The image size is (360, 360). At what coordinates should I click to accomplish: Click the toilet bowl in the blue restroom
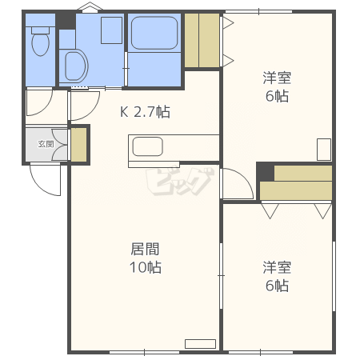coord(41,45)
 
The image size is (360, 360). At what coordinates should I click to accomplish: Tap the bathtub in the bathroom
coord(154,33)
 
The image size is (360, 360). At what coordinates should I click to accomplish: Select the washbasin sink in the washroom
coord(77,66)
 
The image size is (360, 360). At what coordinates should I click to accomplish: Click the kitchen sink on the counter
coord(147,146)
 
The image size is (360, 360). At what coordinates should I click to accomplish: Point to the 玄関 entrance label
coord(46,144)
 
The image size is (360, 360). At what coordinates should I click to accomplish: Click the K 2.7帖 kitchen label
coord(145,112)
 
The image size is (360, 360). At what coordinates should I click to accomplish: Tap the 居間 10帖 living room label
coord(146,258)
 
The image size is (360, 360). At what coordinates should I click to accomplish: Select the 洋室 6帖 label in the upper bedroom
coord(277,86)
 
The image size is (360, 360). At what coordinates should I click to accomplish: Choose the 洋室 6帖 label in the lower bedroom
coord(277,277)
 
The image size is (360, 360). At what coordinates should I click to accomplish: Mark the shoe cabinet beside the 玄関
coord(79,145)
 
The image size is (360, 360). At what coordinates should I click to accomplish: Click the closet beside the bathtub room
coord(202,40)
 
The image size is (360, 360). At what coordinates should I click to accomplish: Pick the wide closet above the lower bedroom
coord(296,182)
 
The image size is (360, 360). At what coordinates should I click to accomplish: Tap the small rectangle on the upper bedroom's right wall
coord(324,150)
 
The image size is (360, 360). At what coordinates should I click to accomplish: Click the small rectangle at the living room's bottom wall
coord(200,344)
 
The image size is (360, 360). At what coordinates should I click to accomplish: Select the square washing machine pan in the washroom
coord(112,30)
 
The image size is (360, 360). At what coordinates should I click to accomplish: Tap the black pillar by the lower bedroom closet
coord(266,172)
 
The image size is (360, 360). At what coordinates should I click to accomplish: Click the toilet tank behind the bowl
coord(41,30)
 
